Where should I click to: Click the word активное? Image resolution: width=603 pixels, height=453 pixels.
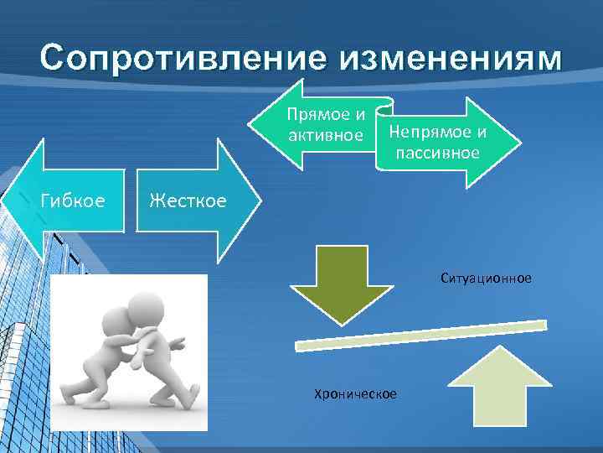[x=325, y=135]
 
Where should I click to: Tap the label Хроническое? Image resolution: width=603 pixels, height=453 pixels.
[x=355, y=394]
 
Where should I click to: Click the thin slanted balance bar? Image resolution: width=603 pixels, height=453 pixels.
[x=421, y=334]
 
